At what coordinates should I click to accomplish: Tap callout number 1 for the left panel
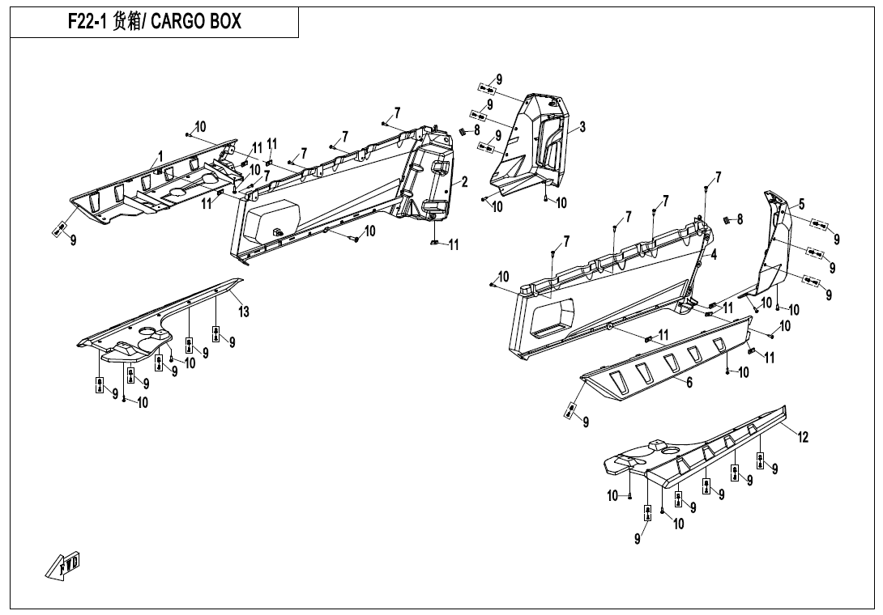click(x=160, y=155)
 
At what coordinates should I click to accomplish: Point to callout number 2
click(x=465, y=182)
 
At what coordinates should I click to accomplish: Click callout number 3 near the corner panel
click(x=582, y=126)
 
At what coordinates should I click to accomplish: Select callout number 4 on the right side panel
click(x=714, y=254)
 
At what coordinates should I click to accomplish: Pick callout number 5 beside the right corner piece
click(x=801, y=204)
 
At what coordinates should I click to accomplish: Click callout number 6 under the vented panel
click(x=689, y=383)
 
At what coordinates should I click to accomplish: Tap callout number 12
click(x=803, y=438)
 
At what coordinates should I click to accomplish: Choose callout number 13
click(x=244, y=312)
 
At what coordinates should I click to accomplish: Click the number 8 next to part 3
click(x=476, y=129)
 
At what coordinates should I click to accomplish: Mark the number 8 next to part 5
click(x=740, y=219)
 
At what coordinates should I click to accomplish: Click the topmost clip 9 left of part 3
click(x=486, y=88)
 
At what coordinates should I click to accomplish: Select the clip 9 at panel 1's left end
click(x=59, y=231)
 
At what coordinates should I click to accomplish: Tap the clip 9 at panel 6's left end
click(x=570, y=410)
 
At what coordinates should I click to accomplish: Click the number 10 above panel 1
click(x=199, y=127)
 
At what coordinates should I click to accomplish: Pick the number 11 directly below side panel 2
click(x=454, y=244)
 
